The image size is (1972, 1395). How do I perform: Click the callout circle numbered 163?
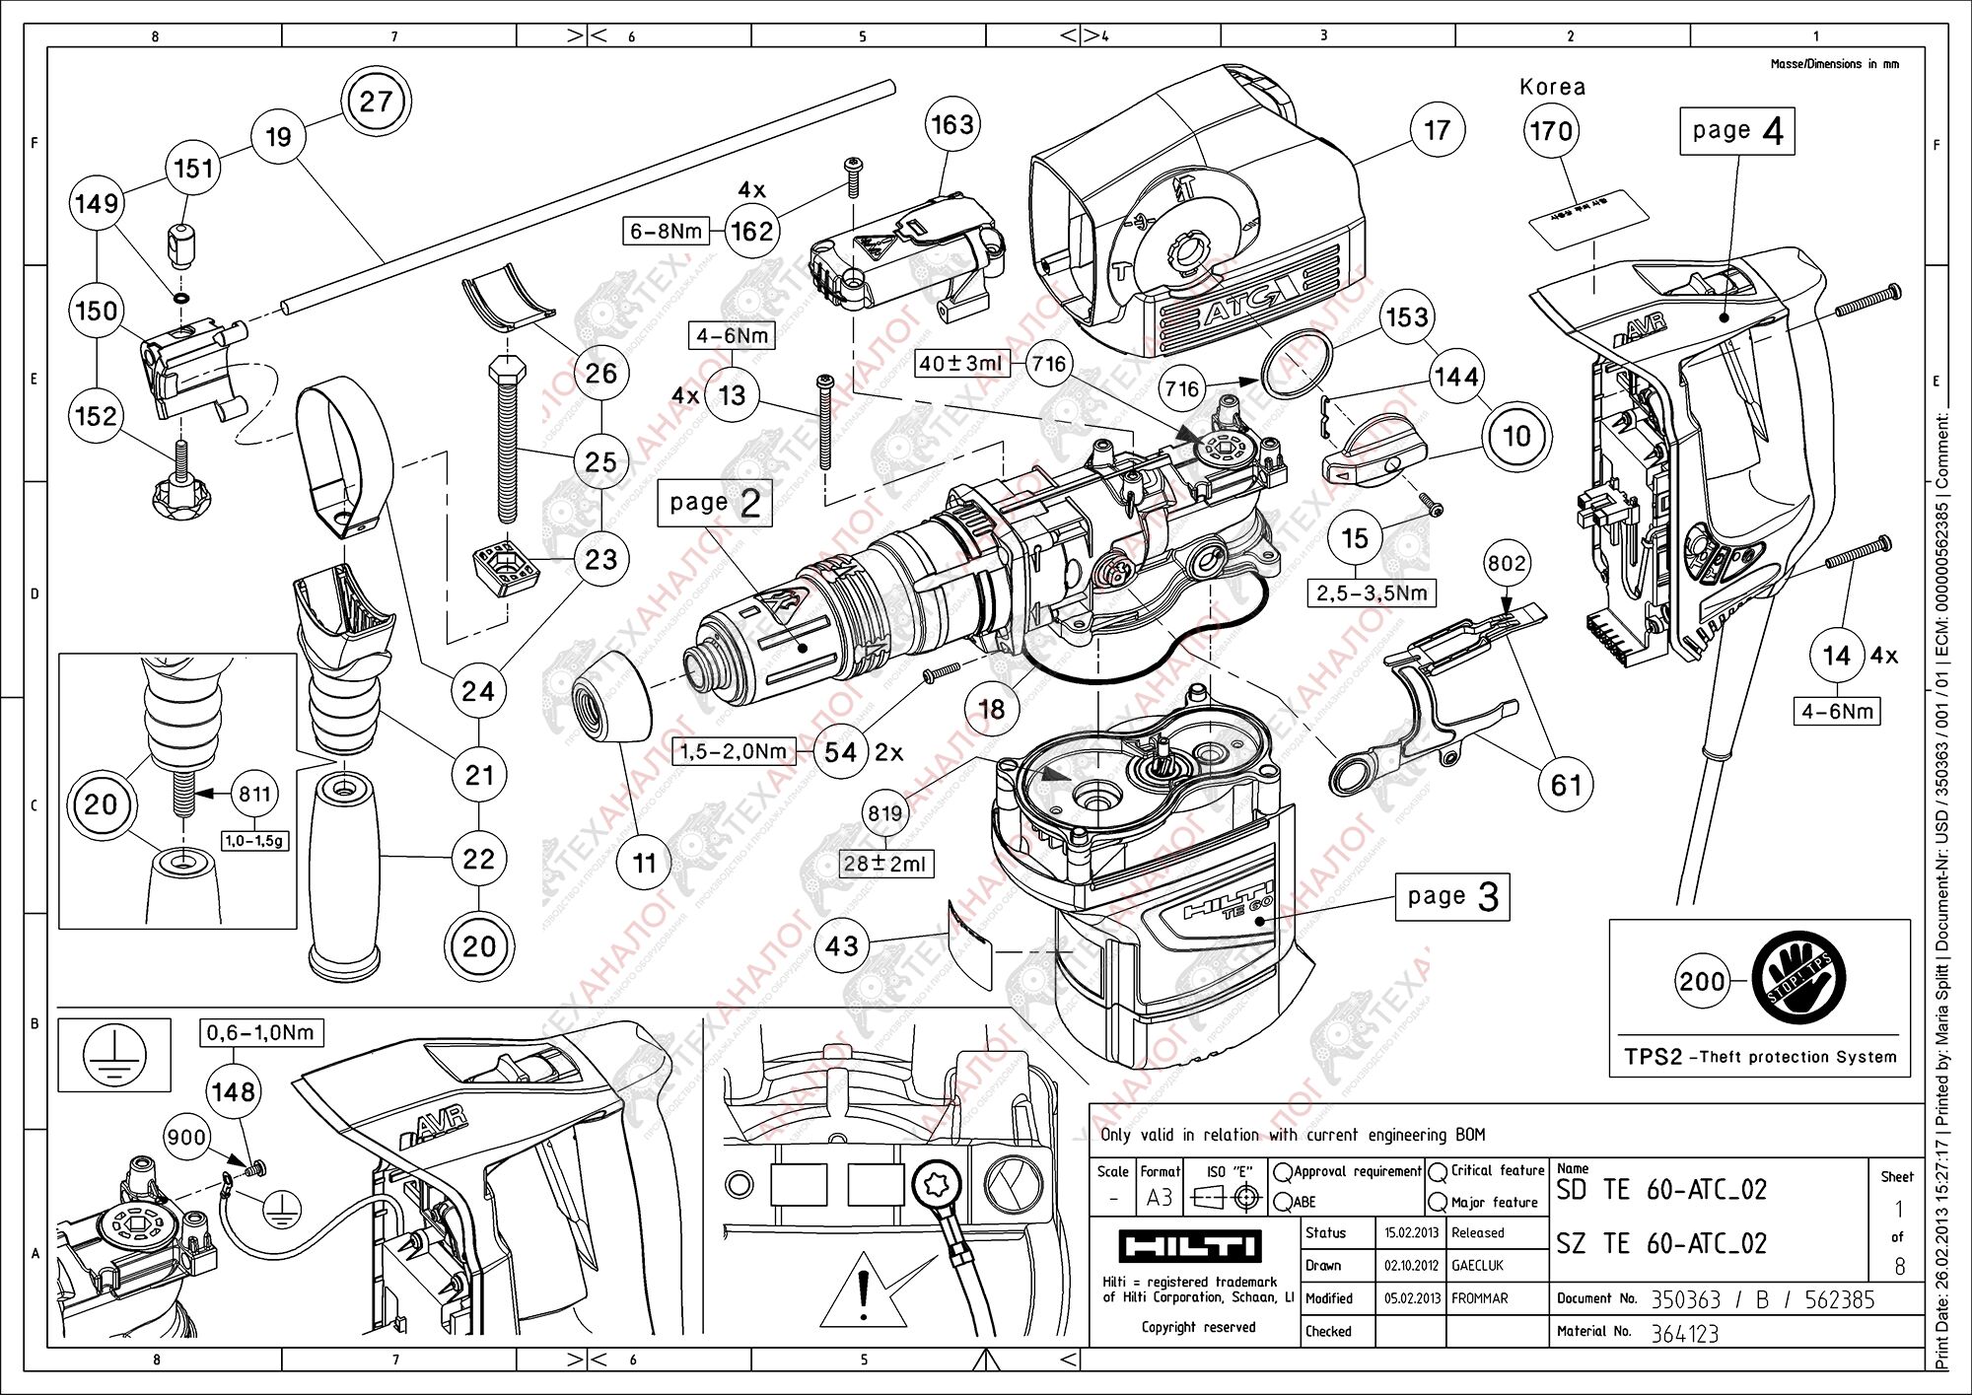(952, 125)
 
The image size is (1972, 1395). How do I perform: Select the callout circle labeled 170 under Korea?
(1551, 131)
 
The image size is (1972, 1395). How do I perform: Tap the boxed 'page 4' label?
(1736, 131)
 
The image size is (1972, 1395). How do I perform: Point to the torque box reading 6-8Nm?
(667, 232)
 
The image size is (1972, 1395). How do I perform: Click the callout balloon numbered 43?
(841, 946)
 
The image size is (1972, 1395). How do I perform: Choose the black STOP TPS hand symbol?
(1798, 980)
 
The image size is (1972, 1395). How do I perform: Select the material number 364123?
(1684, 1334)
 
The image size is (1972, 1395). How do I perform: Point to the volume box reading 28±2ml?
(884, 864)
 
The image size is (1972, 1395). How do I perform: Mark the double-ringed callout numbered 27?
(376, 102)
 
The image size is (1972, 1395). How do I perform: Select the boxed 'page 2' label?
(714, 503)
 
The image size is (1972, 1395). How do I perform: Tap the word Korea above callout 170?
(1552, 87)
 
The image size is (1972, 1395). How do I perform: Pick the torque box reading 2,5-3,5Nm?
(1372, 593)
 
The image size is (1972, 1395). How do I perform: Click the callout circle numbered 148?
(233, 1092)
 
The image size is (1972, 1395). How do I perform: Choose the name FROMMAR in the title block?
(1479, 1298)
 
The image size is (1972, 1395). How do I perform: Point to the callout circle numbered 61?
(1566, 785)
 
